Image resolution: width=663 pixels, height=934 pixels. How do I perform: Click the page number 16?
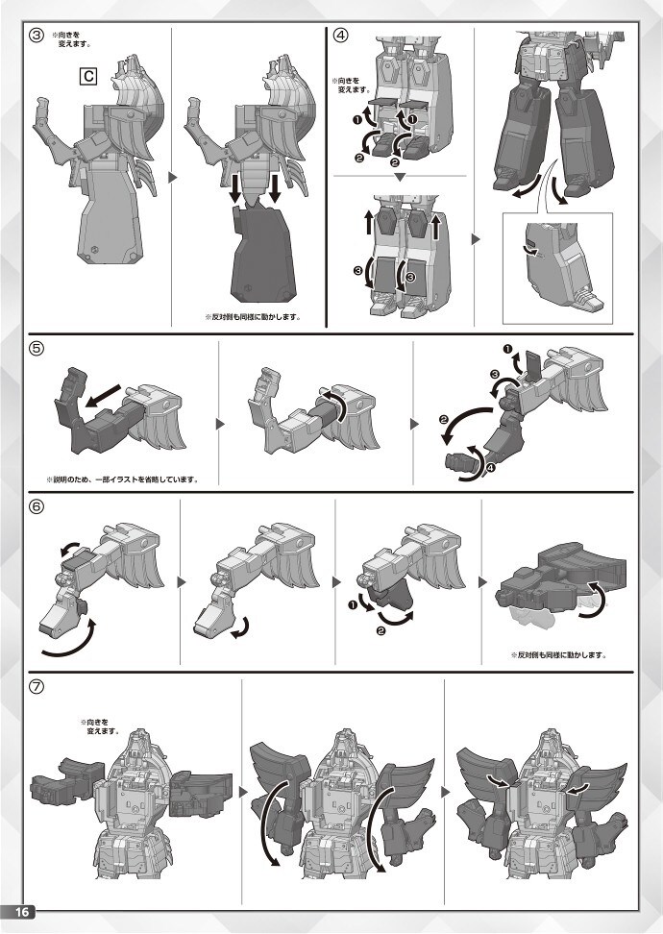click(22, 912)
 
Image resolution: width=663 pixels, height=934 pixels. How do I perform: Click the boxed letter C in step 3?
click(88, 76)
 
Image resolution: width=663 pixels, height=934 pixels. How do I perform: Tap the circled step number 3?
click(37, 36)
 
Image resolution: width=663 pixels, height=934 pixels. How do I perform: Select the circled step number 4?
click(340, 36)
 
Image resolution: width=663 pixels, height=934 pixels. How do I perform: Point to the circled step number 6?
click(37, 507)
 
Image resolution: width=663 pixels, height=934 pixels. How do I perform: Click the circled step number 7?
click(37, 686)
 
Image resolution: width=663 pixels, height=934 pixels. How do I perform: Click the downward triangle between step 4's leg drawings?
click(401, 178)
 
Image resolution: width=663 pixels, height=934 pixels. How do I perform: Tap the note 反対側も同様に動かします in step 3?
click(253, 317)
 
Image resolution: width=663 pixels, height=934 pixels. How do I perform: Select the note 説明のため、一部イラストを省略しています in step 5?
click(122, 479)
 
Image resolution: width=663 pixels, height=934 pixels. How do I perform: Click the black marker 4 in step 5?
click(490, 468)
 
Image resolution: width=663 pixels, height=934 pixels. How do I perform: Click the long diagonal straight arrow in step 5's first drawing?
click(104, 396)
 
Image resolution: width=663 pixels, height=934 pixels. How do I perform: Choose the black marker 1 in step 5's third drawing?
click(507, 349)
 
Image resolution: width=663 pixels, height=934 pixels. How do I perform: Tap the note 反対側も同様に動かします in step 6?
click(558, 655)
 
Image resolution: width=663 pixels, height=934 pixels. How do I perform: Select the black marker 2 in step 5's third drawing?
click(443, 419)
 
